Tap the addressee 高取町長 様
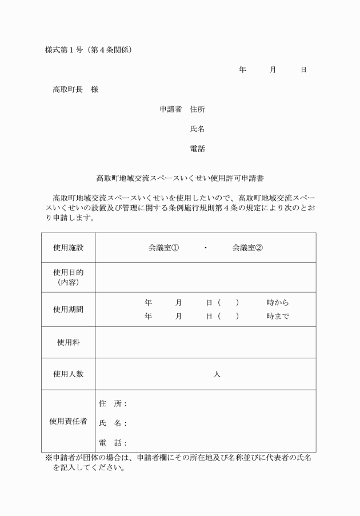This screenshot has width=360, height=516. coord(75,89)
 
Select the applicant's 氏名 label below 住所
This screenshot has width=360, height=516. coord(197,129)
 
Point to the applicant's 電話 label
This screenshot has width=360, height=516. coord(197,149)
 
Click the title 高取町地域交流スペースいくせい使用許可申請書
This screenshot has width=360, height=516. coord(179,178)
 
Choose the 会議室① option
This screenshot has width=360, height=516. coord(163,248)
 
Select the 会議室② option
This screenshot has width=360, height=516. coord(247,248)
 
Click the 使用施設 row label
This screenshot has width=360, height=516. coord(68,248)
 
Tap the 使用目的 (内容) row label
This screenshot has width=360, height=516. coord(68,277)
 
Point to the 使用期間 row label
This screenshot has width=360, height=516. coord(68,309)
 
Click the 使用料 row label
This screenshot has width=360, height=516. coord(68,342)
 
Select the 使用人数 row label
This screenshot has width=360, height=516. coord(68,374)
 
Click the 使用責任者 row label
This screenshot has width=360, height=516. coord(68,421)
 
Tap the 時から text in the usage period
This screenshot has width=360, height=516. coord(277,302)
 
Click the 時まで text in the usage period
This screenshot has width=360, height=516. coord(277,316)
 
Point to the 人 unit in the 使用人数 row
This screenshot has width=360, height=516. coord(217,374)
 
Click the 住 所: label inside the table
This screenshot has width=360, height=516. coord(113,404)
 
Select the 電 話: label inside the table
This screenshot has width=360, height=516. coord(113,443)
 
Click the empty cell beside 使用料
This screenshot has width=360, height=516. coord(206,342)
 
